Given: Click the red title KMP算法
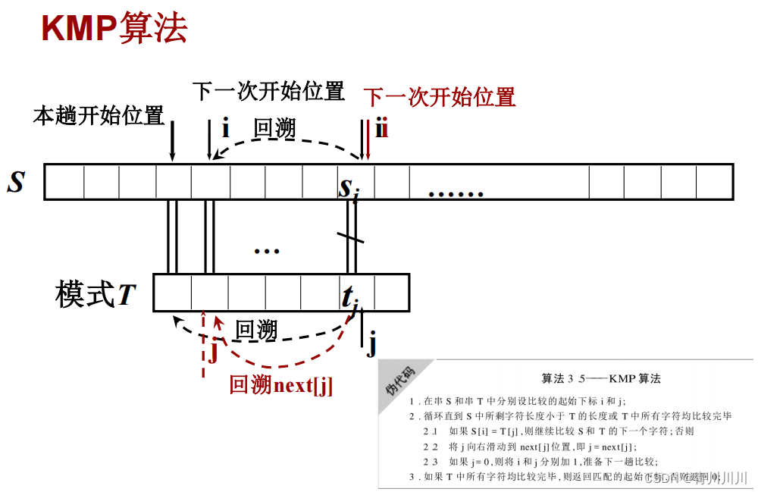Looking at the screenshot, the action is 114,29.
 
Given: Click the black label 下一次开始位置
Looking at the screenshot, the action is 268,92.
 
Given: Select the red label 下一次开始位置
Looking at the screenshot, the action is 440,97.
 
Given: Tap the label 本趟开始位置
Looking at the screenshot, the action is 99,116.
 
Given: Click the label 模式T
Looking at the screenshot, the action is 96,295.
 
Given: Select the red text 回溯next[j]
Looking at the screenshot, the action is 281,385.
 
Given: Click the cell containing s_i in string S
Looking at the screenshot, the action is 355,183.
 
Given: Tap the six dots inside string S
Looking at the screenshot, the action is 456,193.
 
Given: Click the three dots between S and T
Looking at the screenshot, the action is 267,249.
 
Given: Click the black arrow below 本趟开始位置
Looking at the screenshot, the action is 172,140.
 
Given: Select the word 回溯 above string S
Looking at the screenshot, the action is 274,129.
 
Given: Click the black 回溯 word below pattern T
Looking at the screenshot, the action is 256,331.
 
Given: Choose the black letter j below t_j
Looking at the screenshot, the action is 371,346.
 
